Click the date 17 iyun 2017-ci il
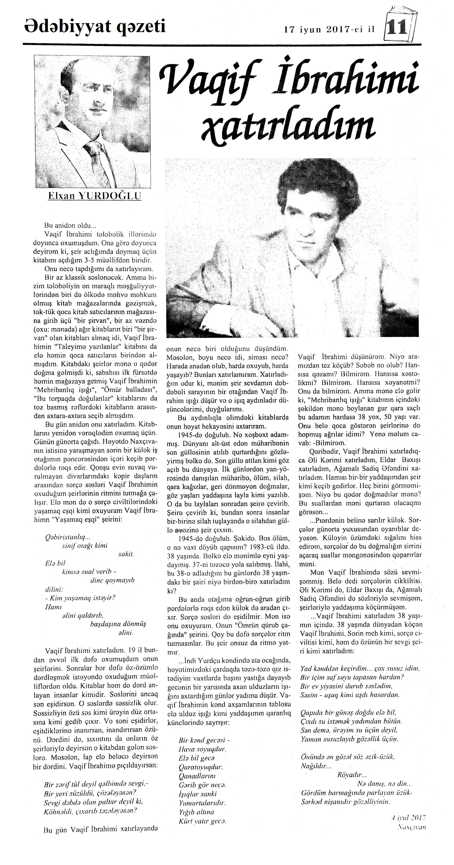point(329,30)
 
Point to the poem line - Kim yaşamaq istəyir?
point(80,598)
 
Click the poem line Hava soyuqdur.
point(203,749)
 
